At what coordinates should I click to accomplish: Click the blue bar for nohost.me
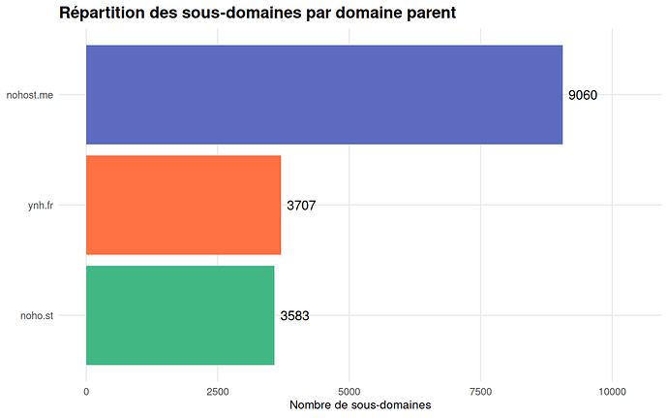[324, 95]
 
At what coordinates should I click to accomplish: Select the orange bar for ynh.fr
[184, 205]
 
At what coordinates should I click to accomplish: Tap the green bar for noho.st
[180, 315]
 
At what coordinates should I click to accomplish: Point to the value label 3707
[301, 206]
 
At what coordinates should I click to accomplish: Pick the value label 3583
[294, 315]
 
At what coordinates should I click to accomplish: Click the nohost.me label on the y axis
[55, 95]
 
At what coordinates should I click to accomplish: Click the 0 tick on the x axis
[86, 391]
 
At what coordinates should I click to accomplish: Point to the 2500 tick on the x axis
[218, 391]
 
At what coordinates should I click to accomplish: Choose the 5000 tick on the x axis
[349, 391]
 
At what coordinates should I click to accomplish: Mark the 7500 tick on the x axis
[481, 391]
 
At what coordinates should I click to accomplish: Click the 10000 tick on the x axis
[612, 391]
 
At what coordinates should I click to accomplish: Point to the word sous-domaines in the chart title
[241, 14]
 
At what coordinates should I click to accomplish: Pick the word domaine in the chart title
[362, 14]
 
